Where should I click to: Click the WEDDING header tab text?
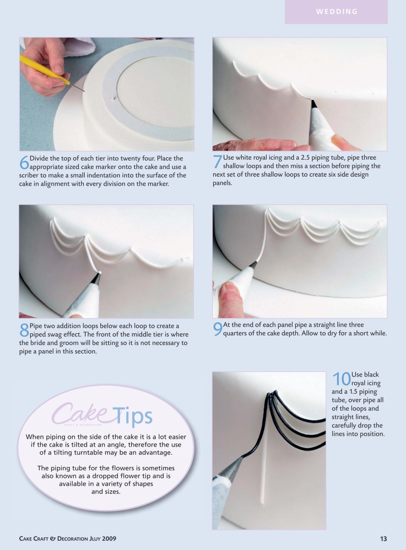337,12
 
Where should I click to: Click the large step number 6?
24,162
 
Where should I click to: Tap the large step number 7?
217,162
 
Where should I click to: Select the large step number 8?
24,330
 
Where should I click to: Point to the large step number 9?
218,329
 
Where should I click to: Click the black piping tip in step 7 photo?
314,104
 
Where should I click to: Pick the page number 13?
383,539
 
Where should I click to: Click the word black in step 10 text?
371,375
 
